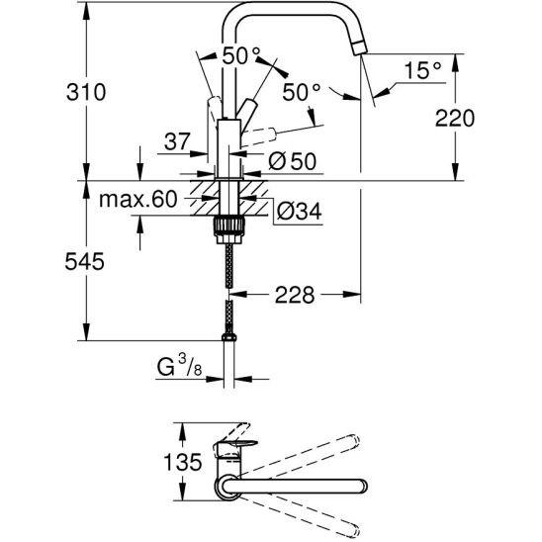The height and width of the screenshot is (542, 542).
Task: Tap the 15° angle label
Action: coord(422,70)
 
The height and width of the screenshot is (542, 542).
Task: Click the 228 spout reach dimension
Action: coord(295,294)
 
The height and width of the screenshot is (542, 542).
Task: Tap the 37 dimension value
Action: coord(177,142)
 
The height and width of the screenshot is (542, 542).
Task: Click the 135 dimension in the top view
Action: coord(184,461)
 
